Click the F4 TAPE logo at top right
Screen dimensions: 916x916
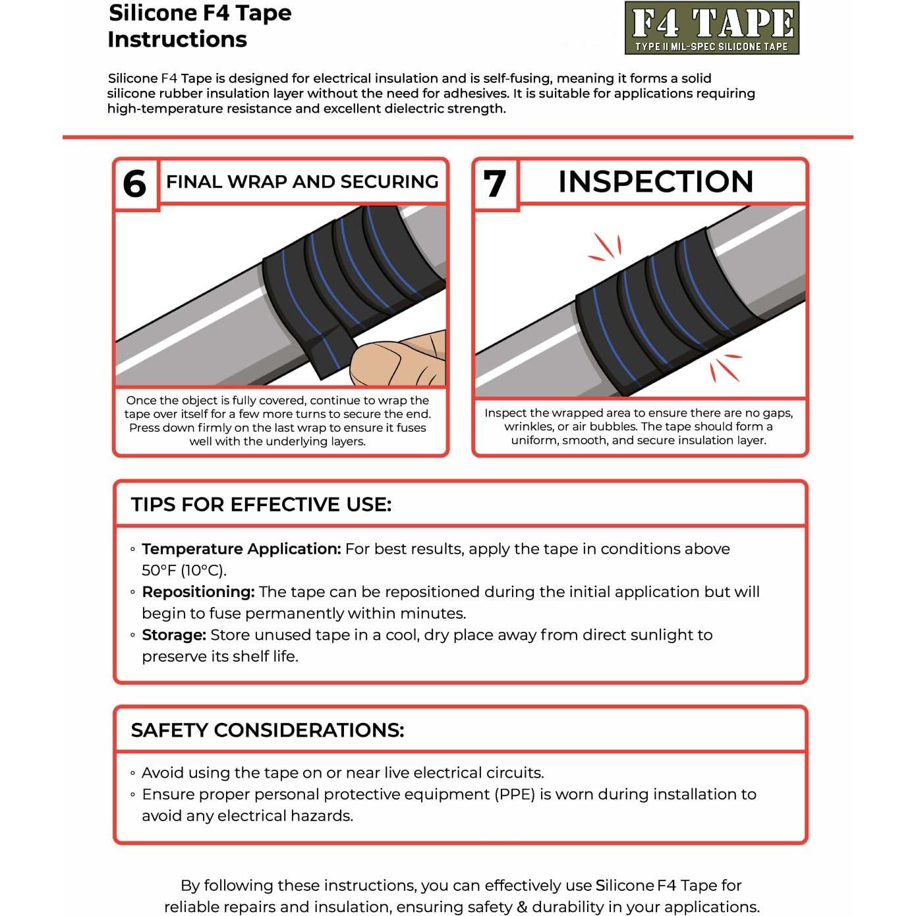coord(712,28)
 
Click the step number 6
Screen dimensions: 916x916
coord(135,184)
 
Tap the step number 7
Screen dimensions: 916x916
coord(495,184)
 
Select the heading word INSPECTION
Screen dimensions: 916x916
coord(655,182)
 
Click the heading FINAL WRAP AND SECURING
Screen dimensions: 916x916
coord(302,182)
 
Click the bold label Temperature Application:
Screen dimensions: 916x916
coord(241,549)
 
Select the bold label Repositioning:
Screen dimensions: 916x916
coord(198,592)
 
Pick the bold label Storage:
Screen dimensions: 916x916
coord(174,635)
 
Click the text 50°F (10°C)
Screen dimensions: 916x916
coord(184,571)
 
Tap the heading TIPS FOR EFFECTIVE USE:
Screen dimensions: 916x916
coord(261,505)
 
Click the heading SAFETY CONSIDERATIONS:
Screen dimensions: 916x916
coord(267,730)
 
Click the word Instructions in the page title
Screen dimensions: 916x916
coord(177,40)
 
